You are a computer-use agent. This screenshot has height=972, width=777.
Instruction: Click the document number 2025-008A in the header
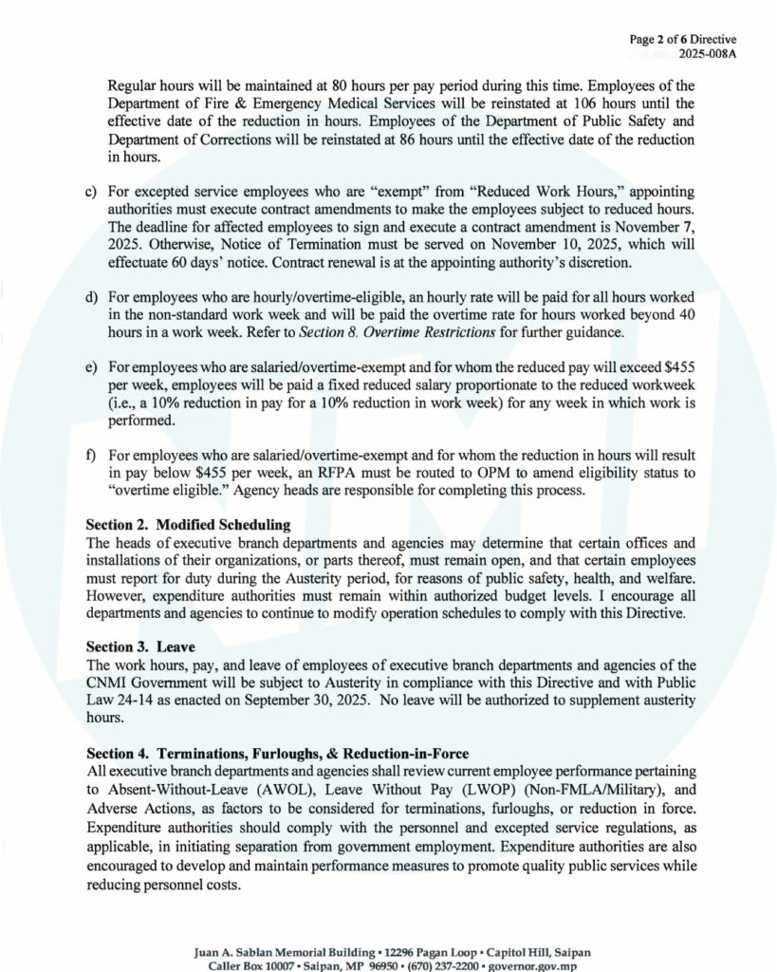[x=710, y=53]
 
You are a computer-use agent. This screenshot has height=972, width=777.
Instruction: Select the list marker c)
[x=91, y=193]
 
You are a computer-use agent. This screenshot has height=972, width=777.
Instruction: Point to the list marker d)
[x=91, y=299]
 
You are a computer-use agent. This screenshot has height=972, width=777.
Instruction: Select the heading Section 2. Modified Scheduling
[x=188, y=524]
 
